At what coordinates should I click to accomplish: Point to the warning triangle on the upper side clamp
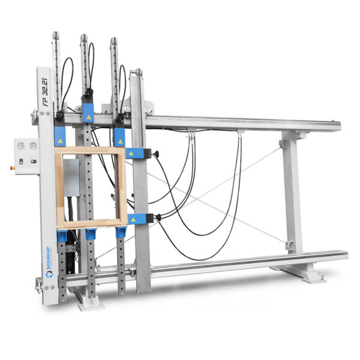[139, 154]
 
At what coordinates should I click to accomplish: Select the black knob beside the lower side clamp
[157, 217]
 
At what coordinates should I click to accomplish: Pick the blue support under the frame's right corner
[121, 232]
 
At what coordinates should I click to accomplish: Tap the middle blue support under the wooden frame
[91, 233]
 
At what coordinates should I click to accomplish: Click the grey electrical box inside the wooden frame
[72, 176]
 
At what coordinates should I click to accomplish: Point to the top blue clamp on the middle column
[88, 112]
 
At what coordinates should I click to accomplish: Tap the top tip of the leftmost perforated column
[55, 34]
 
